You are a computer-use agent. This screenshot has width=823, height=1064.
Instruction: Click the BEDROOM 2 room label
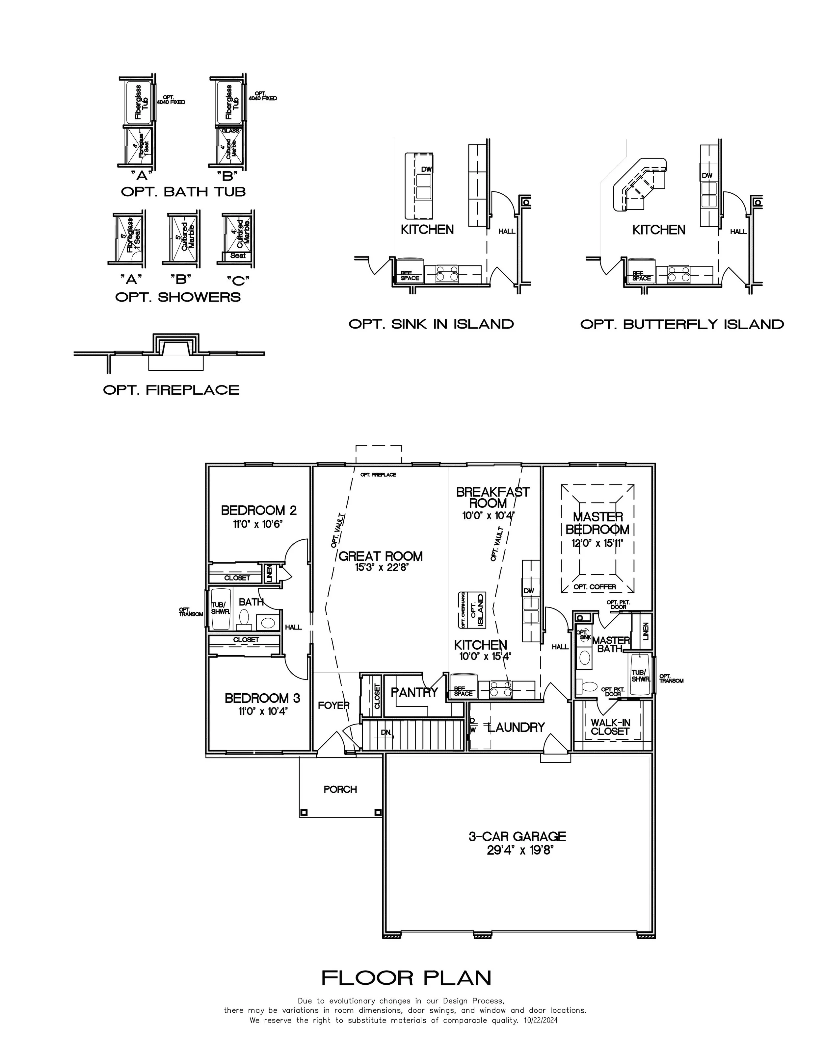pos(258,510)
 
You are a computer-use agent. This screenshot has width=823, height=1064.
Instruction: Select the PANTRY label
pos(414,692)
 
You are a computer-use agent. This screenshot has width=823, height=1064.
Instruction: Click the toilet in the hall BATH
pos(244,620)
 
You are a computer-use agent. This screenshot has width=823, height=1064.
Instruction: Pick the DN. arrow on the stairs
pos(386,732)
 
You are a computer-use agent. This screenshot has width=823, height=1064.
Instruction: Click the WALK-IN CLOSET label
pos(610,727)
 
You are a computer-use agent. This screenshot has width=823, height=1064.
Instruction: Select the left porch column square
pos(304,812)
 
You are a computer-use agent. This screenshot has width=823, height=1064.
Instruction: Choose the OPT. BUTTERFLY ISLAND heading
pos(681,324)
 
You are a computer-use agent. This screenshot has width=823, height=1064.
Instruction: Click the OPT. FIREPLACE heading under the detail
pos(171,390)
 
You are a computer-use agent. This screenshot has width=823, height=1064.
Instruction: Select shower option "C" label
pos(238,280)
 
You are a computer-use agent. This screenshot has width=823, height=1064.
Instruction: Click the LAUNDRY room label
pos(516,727)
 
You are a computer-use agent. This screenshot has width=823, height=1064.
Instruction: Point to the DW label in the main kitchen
pos(528,591)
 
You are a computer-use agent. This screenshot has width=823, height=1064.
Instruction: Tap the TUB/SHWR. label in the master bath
pos(641,676)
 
